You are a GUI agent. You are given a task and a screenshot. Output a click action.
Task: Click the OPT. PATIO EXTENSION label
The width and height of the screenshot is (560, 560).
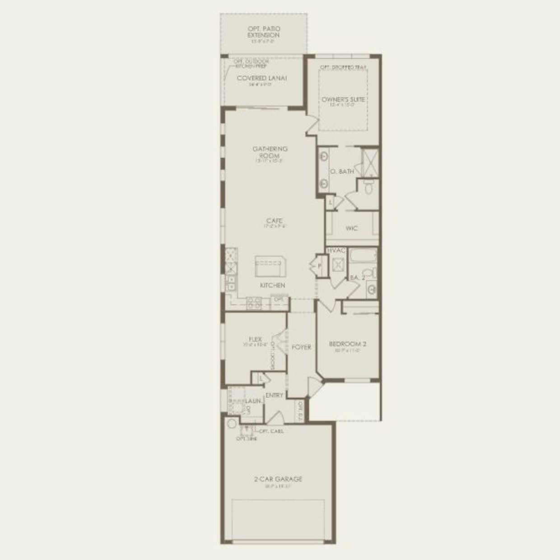point(263,32)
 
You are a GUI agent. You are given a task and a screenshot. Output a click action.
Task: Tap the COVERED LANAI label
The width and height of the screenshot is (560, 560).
point(262,78)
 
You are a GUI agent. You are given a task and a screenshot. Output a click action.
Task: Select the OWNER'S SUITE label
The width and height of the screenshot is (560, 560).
point(343,99)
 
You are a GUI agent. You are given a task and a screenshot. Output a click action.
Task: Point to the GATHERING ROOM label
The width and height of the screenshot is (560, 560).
point(270,152)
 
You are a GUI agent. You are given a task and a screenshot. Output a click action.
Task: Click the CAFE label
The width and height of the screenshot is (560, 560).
point(274,221)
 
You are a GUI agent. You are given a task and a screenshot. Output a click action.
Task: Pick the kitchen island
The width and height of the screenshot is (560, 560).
point(269,266)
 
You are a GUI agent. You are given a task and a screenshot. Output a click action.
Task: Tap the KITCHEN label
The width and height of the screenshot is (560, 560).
point(272,285)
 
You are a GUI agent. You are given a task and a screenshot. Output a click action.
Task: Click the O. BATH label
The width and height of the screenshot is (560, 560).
point(342,172)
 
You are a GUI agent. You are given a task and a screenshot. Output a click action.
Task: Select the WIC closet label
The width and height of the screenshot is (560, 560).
point(351,229)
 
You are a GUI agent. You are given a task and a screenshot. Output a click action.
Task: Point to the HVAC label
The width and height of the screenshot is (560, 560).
point(336,251)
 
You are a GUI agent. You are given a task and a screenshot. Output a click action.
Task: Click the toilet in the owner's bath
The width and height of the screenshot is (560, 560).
point(369,187)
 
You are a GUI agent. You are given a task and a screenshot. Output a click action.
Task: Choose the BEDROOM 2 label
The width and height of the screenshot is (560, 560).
point(347,344)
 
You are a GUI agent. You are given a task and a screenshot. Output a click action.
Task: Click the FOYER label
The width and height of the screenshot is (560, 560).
point(301,347)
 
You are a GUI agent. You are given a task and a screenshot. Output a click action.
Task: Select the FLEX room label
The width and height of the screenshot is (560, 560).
point(255,339)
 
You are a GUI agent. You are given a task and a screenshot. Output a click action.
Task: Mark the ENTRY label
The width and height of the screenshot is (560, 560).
point(274,395)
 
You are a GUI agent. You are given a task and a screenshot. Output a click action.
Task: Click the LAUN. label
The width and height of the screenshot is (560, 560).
point(254,401)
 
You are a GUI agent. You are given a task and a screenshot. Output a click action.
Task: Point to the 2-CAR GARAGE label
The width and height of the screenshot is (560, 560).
point(278,479)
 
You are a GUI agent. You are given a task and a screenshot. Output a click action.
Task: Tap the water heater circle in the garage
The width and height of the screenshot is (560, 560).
point(232,424)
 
